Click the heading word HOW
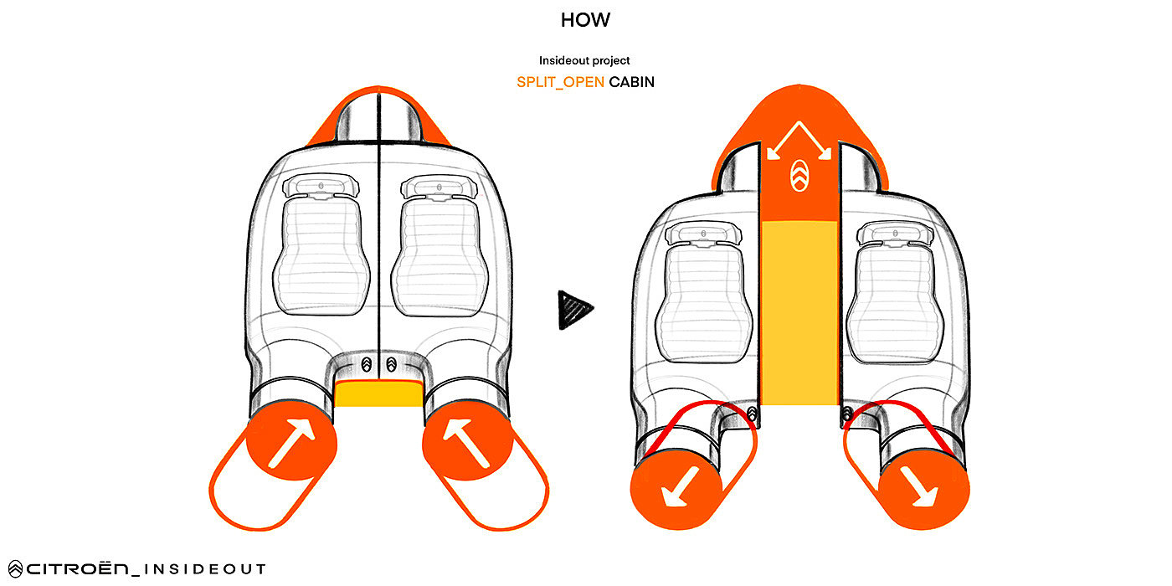(x=586, y=20)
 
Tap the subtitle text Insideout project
(x=585, y=60)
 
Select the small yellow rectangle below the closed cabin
(x=378, y=393)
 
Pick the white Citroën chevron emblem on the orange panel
(x=799, y=176)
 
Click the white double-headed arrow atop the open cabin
(x=799, y=138)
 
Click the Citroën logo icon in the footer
(x=14, y=569)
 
